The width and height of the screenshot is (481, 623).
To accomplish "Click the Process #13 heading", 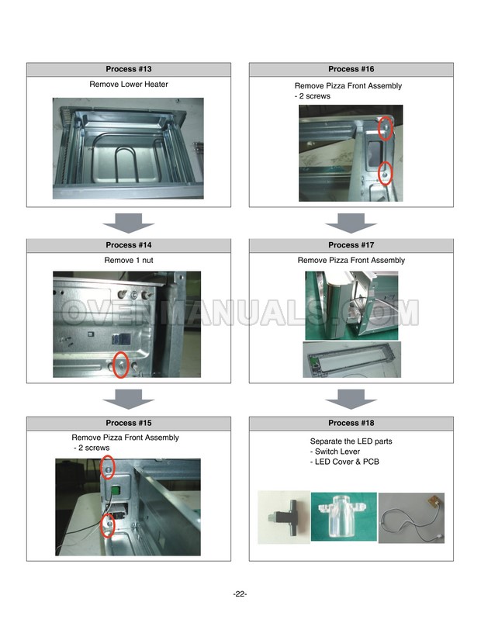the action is pos(128,69).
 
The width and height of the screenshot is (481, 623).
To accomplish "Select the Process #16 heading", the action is pos(351,69).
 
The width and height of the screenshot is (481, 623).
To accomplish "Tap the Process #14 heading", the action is pos(128,245).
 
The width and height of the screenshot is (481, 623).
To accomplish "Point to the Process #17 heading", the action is pos(351,245).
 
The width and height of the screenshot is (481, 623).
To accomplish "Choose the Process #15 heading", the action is pos(128,423).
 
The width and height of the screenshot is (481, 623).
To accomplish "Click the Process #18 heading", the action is pos(351,423).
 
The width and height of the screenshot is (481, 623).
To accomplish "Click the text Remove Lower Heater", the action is pos(129,85).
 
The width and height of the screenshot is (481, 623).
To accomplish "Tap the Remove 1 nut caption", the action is pos(129,260).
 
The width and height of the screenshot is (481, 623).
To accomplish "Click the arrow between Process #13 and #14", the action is pos(128,223).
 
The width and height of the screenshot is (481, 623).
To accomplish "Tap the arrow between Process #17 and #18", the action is pos(351,400).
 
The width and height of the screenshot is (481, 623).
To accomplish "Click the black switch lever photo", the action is pos(284,517).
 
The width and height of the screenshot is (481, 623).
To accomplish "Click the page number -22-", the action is pos(240,594).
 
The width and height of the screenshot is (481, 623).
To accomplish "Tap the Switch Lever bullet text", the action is pos(335,452).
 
